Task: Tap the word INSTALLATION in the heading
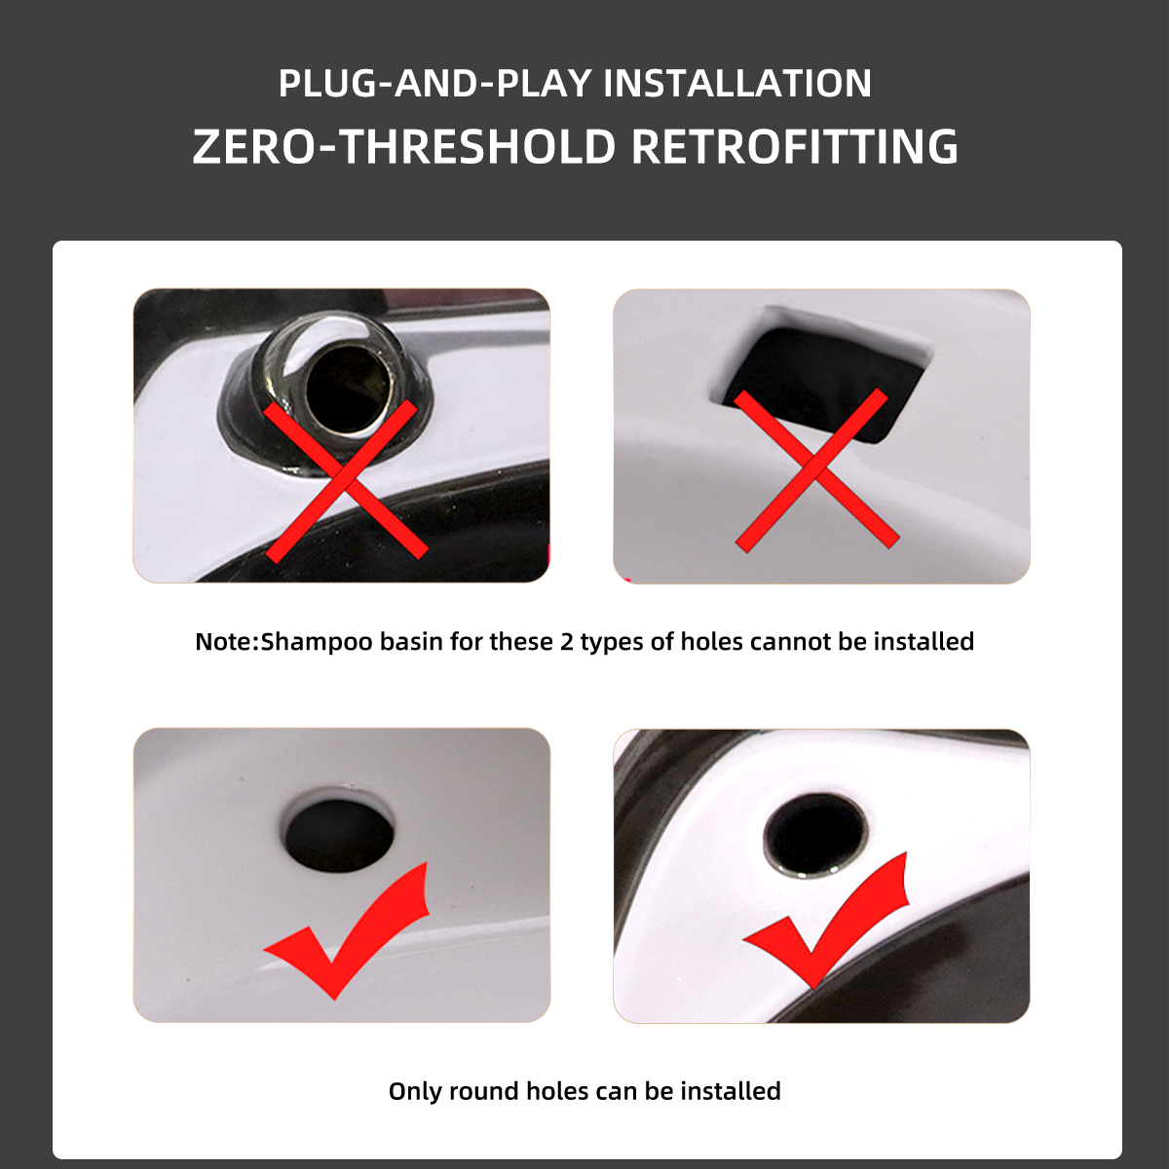[737, 83]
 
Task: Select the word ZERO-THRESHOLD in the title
[404, 146]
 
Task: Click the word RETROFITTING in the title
[795, 146]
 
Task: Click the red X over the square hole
[816, 470]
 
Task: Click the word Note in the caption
[224, 641]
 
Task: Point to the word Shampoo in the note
[316, 643]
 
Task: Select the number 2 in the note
[566, 641]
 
